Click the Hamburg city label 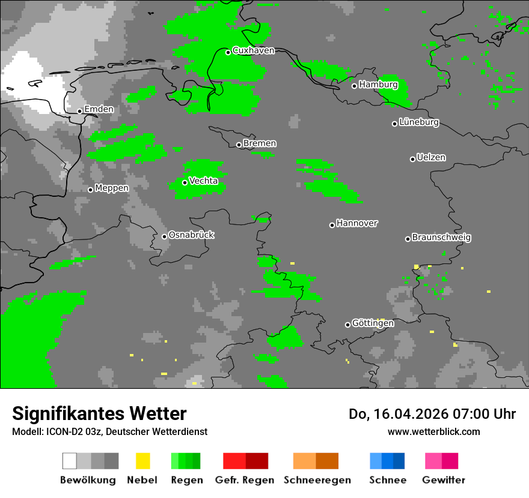pyautogui.click(x=378, y=85)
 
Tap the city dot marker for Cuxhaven pyautogui.click(x=228, y=52)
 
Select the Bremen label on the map pyautogui.click(x=260, y=143)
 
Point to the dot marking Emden pyautogui.click(x=79, y=111)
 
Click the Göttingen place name pyautogui.click(x=373, y=323)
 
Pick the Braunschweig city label pyautogui.click(x=441, y=238)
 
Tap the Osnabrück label pyautogui.click(x=191, y=235)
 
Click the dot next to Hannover pyautogui.click(x=332, y=225)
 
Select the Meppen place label pyautogui.click(x=112, y=188)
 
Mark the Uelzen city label pyautogui.click(x=431, y=158)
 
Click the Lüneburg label pyautogui.click(x=419, y=122)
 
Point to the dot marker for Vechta pyautogui.click(x=185, y=182)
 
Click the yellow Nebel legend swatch pyautogui.click(x=142, y=461)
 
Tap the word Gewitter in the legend pyautogui.click(x=444, y=480)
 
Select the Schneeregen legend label pyautogui.click(x=316, y=480)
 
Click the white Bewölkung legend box pyautogui.click(x=70, y=461)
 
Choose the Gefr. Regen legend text pyautogui.click(x=245, y=480)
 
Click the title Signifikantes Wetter pyautogui.click(x=99, y=413)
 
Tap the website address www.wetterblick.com pyautogui.click(x=433, y=431)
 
